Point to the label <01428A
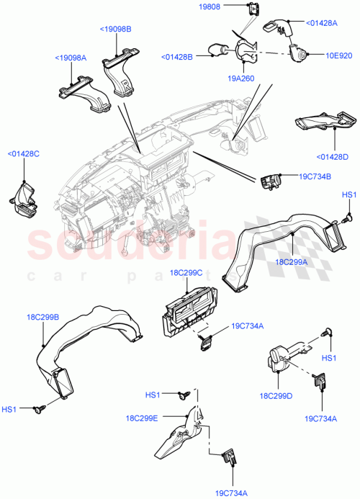pyautogui.click(x=323, y=23)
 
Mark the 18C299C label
pyautogui.click(x=185, y=273)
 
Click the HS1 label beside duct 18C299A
pyautogui.click(x=348, y=195)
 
